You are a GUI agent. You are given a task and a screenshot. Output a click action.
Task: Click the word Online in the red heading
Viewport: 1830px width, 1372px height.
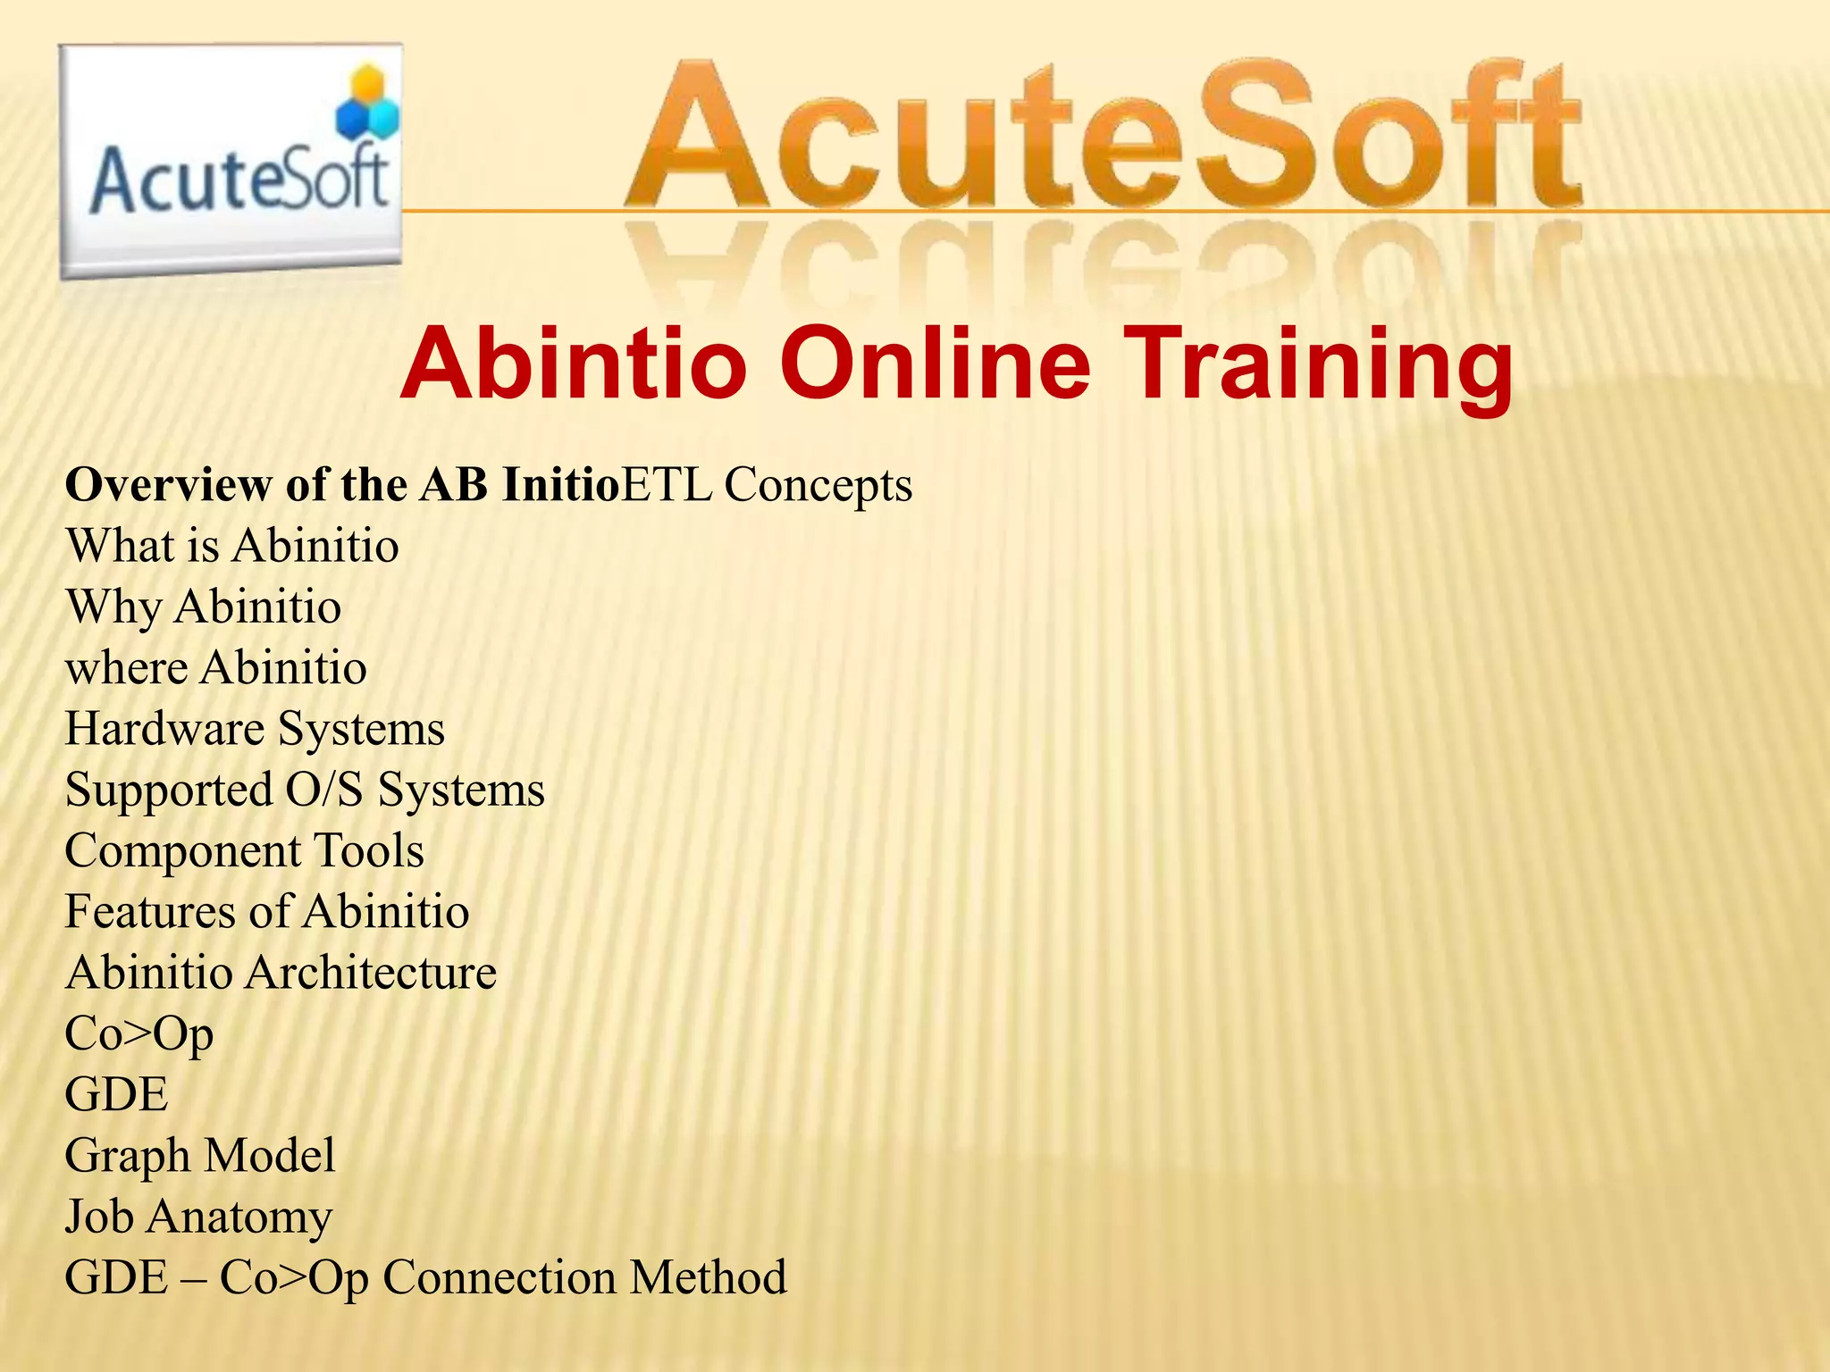(936, 364)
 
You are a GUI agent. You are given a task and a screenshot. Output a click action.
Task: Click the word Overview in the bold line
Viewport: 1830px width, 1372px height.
(168, 485)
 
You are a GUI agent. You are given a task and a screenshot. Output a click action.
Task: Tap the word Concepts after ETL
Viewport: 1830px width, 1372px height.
(818, 485)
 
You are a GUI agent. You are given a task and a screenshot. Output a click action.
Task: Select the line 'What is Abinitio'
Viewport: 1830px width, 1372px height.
(232, 546)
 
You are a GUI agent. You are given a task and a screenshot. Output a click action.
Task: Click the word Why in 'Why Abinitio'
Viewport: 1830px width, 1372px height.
(113, 607)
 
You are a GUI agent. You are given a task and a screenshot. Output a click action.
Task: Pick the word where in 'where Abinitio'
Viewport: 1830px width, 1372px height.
(126, 668)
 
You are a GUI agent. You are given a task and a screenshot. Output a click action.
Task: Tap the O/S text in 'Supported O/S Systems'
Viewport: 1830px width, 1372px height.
(324, 790)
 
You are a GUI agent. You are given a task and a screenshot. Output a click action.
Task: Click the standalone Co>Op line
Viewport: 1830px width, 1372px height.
(139, 1034)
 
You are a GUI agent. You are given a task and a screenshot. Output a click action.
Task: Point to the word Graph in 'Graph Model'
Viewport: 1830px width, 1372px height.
(126, 1156)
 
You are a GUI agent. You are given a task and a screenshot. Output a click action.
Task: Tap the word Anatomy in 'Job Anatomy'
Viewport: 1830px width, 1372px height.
(239, 1217)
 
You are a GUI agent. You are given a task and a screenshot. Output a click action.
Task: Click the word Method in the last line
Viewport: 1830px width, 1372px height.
(708, 1277)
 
